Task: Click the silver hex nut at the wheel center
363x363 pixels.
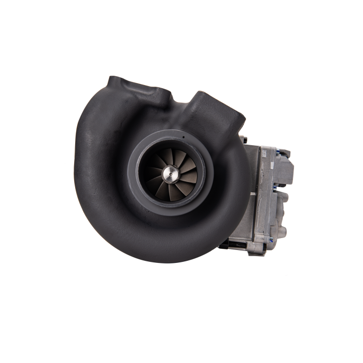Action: (x=169, y=174)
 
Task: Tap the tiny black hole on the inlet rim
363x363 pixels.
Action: (x=183, y=137)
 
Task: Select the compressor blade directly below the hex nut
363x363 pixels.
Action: (x=170, y=192)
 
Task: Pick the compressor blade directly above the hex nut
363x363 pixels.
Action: (x=169, y=156)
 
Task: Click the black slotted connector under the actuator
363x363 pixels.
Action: (x=233, y=244)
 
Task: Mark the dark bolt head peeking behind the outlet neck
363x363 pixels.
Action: (x=243, y=138)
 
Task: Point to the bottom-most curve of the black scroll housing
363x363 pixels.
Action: (x=166, y=259)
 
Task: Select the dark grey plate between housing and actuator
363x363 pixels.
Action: (x=252, y=197)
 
